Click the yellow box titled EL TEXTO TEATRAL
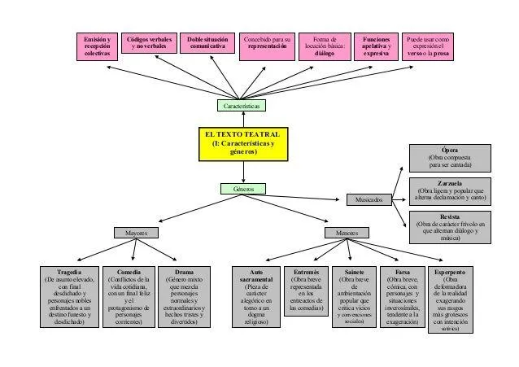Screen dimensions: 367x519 242,144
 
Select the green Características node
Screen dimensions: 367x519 242,106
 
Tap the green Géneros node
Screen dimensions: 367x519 243,189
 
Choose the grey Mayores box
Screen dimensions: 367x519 136,233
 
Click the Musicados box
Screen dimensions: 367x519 369,199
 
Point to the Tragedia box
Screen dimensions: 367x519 70,296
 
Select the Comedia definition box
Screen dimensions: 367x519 129,296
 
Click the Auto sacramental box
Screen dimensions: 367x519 255,296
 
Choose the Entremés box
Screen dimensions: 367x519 306,291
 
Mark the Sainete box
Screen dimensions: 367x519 354,296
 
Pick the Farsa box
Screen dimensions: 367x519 402,296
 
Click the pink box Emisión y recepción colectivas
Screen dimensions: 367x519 97,47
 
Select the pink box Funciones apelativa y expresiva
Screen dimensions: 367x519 376,47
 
